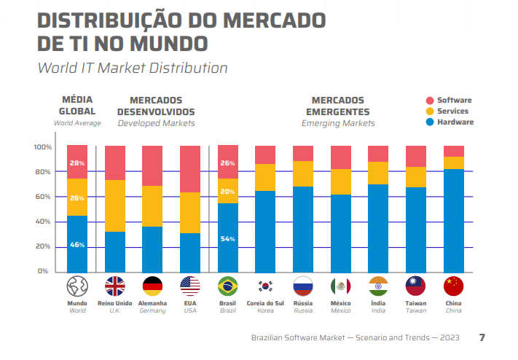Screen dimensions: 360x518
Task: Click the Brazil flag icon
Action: coord(228,286)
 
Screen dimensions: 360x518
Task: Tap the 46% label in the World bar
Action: coord(77,246)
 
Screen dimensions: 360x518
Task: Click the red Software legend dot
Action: coord(430,101)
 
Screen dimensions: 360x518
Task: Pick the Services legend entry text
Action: coord(452,111)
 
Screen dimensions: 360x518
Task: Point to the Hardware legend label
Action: coord(455,122)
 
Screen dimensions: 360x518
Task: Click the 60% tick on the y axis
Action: coord(42,197)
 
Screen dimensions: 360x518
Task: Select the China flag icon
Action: coord(454,286)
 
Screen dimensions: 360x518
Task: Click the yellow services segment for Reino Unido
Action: coord(115,206)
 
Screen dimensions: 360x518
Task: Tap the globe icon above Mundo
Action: coord(77,286)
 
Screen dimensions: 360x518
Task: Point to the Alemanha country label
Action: coord(152,303)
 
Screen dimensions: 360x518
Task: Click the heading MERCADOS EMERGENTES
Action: coord(338,106)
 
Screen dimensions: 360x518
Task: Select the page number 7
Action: coord(482,337)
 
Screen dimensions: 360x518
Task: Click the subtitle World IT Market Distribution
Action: coord(133,68)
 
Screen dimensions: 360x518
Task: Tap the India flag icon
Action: coord(378,286)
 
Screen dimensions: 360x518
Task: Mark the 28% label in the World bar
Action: coord(77,163)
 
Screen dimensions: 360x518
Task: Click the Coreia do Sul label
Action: coord(265,303)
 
